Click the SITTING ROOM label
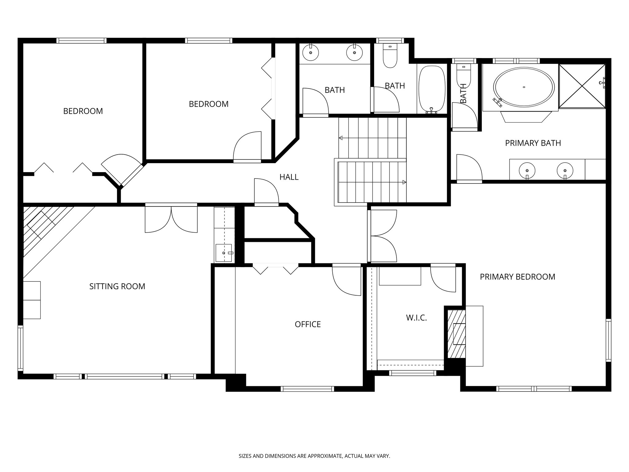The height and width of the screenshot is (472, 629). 117,286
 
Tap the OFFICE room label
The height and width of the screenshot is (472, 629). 307,324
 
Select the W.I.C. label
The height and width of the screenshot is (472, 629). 416,318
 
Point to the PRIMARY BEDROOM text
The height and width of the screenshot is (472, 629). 517,277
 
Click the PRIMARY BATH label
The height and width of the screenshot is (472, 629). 533,143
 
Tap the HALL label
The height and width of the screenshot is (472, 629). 289,177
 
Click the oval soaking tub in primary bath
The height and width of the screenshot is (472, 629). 524,87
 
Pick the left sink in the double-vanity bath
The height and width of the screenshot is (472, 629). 311,53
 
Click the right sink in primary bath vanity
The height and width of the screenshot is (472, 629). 565,170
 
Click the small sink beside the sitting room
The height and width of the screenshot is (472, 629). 224,253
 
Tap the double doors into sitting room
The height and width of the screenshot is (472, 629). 171,219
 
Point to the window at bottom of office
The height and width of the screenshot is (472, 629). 307,389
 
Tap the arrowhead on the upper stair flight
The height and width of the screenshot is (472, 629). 340,138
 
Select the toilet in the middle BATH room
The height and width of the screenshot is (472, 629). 390,57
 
